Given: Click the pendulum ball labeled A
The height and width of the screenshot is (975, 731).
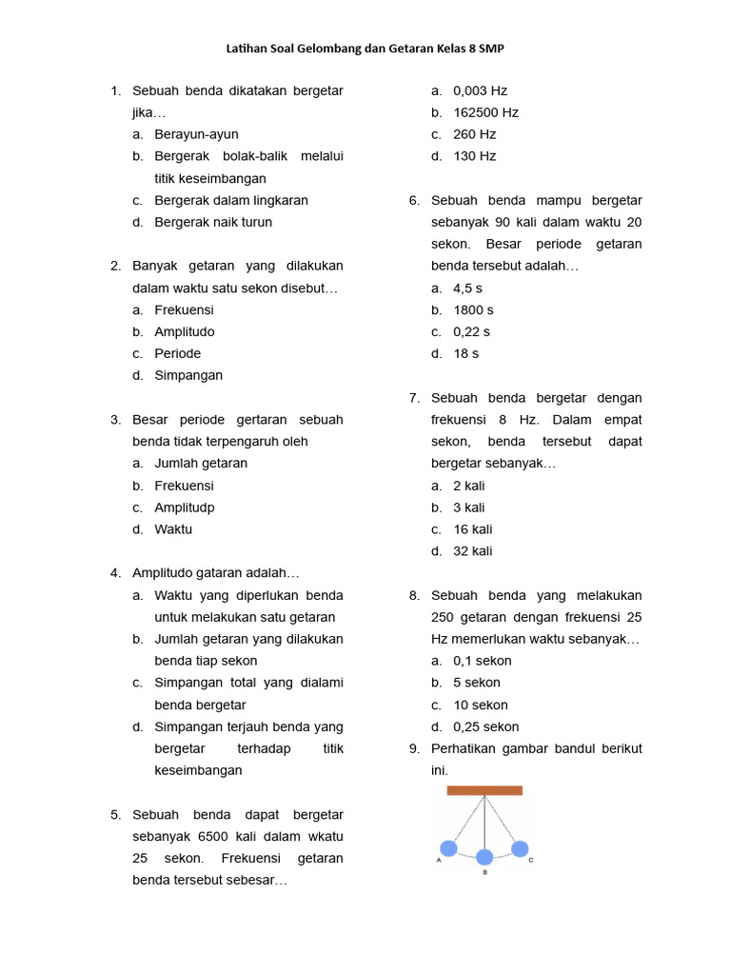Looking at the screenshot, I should tap(448, 847).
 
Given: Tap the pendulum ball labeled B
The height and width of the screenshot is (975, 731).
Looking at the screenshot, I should tap(484, 857).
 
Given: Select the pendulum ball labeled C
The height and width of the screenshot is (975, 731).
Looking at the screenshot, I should tap(520, 848).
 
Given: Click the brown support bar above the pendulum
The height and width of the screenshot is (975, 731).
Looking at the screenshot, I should tap(484, 790).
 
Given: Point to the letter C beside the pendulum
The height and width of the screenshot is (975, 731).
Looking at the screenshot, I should tap(531, 860).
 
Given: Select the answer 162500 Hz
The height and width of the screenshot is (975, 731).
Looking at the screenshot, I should tap(485, 112).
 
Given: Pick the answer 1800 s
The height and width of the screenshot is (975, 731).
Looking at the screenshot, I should tap(473, 309).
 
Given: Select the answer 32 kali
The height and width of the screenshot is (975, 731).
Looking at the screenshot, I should tap(473, 550).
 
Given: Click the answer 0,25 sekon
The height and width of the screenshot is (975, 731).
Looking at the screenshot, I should tap(485, 726).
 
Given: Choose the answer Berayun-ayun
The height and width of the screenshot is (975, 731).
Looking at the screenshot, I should tap(197, 134).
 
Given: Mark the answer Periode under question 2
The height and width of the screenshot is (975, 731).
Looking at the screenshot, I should tap(178, 353).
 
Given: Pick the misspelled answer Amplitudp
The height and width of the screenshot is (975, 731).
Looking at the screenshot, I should tap(185, 507).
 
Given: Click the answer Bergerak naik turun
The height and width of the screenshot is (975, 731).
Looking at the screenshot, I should tap(213, 222).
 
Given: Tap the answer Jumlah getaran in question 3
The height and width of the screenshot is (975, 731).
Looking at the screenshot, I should tap(201, 463).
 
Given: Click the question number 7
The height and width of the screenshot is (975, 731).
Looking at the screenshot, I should tap(414, 397).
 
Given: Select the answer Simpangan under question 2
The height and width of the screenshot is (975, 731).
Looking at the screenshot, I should tap(188, 375).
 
